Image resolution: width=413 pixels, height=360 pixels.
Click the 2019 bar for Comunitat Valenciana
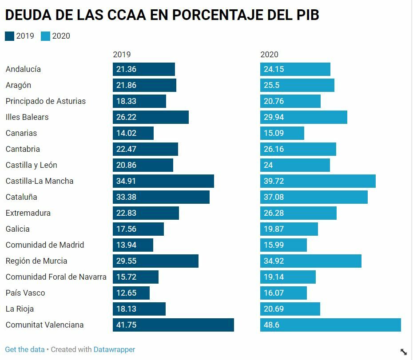click(173, 325)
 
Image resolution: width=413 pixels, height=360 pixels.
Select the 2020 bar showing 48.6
click(330, 325)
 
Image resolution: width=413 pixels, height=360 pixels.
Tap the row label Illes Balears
click(27, 117)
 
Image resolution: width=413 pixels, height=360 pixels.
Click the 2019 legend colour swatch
click(9, 36)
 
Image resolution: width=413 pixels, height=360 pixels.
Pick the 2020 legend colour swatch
click(45, 36)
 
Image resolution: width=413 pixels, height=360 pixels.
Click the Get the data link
click(25, 349)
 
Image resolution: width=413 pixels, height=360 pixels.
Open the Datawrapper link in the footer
click(114, 349)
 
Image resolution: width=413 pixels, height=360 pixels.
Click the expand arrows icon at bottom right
click(403, 352)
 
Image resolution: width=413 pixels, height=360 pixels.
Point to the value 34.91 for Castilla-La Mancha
click(126, 181)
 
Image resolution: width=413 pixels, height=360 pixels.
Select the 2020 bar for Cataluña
click(314, 197)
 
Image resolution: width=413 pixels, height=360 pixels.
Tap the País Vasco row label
click(25, 293)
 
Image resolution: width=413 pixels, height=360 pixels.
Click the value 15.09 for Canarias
click(274, 133)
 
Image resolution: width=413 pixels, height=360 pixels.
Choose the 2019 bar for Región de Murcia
click(155, 261)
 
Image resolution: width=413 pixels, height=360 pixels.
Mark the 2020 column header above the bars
click(269, 55)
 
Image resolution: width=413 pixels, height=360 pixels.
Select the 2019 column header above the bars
click(122, 55)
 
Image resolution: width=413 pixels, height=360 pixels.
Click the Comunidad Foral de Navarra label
click(56, 277)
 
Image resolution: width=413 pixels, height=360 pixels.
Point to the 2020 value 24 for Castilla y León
click(268, 165)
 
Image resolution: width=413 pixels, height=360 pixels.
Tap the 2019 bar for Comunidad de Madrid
click(133, 245)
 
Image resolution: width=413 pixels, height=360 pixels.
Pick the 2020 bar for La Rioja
click(290, 309)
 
